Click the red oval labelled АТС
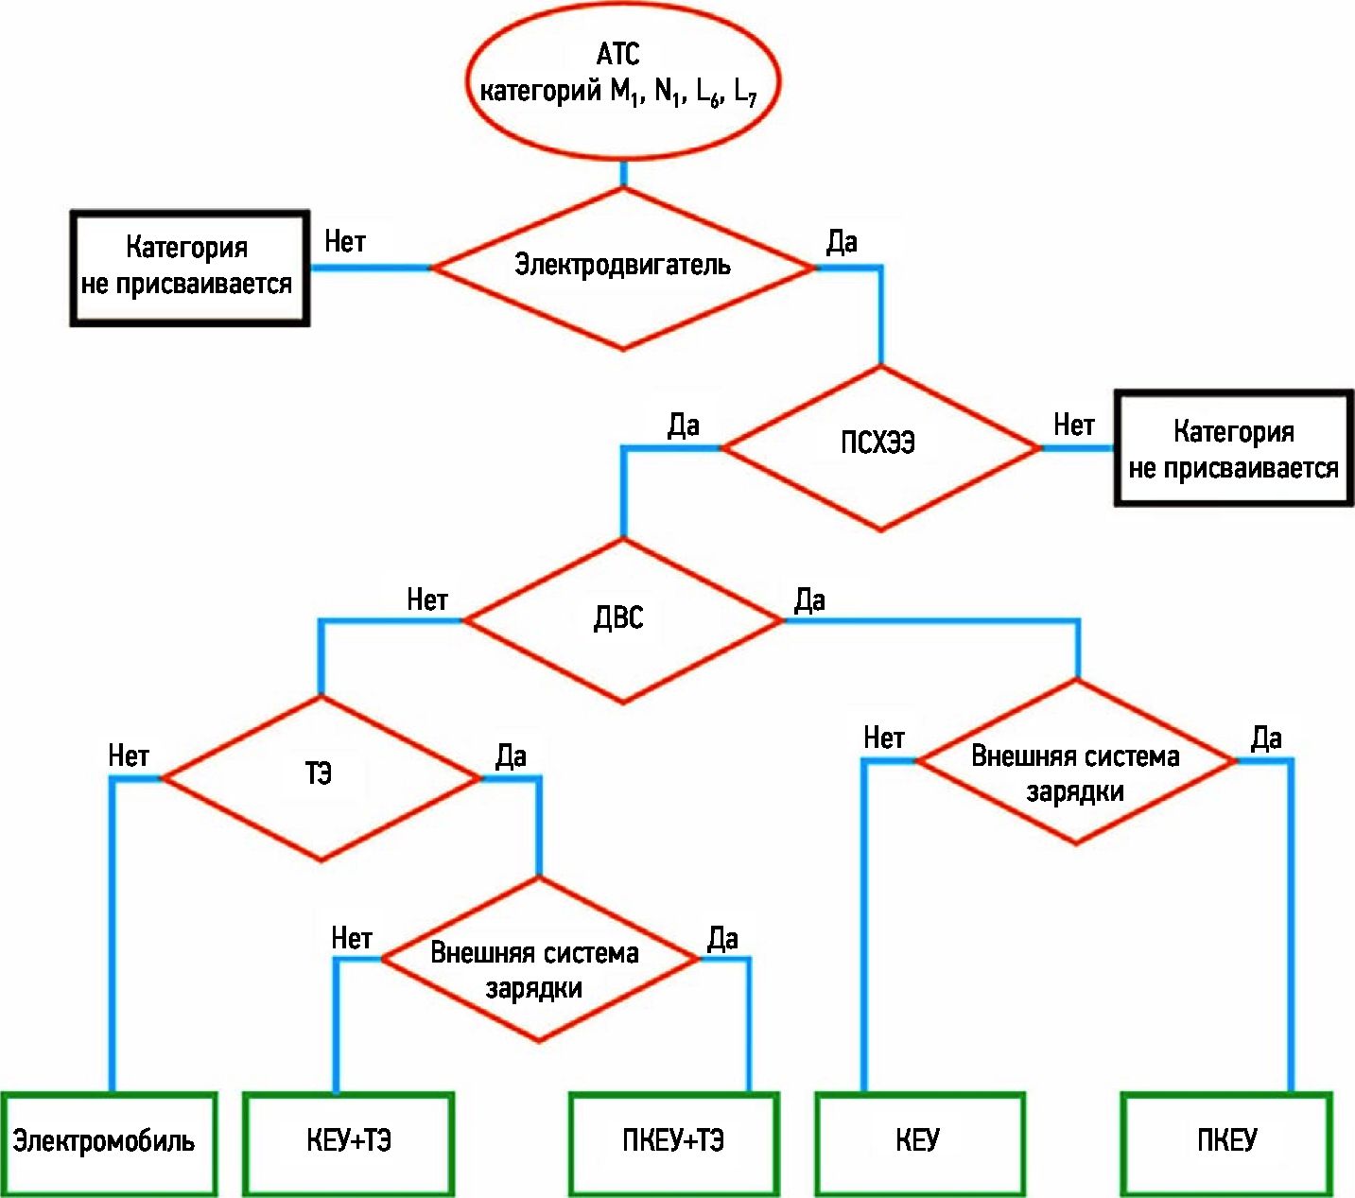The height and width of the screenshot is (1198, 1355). [623, 80]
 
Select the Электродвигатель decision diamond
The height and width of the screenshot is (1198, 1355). [622, 269]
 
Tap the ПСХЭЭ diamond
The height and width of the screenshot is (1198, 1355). [880, 447]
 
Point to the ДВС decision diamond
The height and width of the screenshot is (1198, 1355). [622, 620]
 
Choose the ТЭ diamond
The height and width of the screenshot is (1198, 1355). [321, 777]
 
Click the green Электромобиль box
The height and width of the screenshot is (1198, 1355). [108, 1142]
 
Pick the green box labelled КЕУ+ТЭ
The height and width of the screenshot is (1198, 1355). [348, 1142]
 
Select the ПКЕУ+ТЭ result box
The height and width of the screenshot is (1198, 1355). [673, 1142]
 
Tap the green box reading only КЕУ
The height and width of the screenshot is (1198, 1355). [919, 1142]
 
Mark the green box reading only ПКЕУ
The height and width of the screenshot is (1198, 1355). [1226, 1142]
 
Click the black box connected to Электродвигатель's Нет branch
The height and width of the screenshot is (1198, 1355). [189, 269]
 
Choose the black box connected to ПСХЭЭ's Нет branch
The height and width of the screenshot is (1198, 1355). [1233, 449]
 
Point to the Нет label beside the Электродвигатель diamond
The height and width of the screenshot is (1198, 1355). [344, 242]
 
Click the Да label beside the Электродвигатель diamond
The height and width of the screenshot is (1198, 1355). [842, 242]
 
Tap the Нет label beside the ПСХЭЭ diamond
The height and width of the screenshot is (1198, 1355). [1073, 425]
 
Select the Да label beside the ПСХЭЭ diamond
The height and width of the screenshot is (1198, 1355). [684, 425]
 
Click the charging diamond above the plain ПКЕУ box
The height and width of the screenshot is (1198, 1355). [1076, 761]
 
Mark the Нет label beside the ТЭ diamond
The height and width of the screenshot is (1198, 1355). [129, 756]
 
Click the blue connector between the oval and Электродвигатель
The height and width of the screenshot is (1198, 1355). [623, 174]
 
